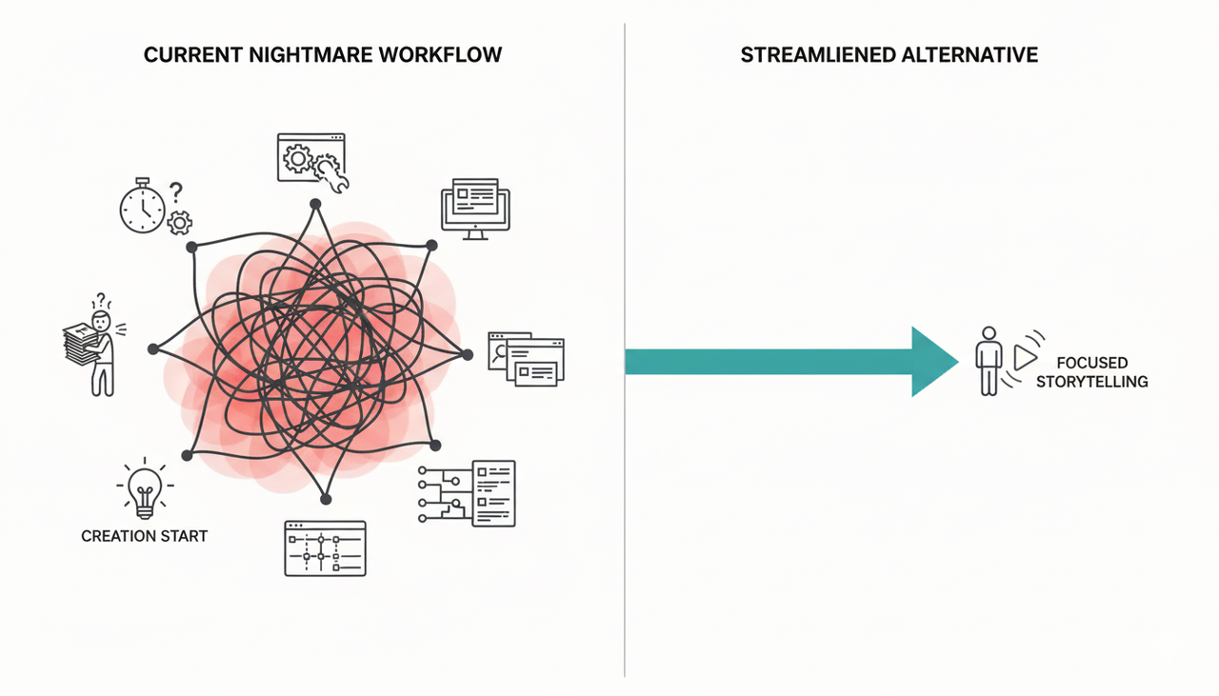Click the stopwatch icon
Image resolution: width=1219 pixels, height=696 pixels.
coord(142,206)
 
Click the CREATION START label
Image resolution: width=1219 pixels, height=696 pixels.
coord(144,536)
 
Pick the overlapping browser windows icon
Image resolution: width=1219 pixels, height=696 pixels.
coord(526,358)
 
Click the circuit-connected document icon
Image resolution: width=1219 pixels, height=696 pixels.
coord(467,492)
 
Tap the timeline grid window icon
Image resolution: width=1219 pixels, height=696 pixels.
coord(325,548)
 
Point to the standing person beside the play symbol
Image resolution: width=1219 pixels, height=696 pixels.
coord(989,361)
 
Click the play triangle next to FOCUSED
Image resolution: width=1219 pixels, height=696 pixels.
coord(1025,358)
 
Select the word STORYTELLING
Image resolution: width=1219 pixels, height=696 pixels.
coord(1101,382)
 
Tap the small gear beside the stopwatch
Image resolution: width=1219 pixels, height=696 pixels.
coord(179,223)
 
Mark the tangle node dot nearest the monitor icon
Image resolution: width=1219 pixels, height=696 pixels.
coord(431,245)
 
